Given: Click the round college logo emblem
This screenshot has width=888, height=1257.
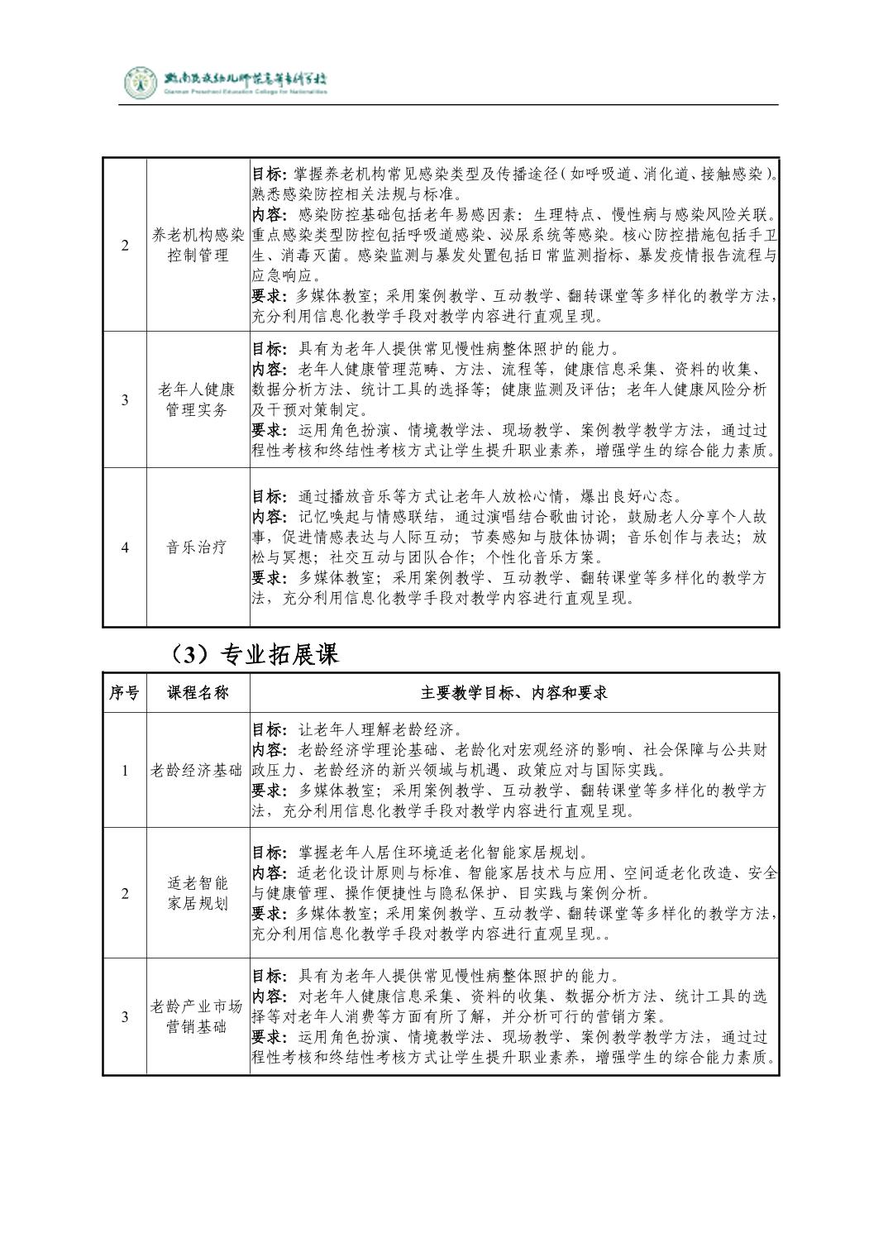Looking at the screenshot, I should [x=140, y=82].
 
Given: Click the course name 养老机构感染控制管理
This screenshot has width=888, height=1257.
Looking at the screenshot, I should [x=198, y=245].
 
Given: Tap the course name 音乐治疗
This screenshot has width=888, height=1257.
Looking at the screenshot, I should [x=198, y=547].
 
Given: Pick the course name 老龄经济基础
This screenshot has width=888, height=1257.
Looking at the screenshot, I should [x=198, y=770].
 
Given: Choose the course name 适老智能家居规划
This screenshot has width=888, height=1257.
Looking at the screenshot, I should [x=198, y=893].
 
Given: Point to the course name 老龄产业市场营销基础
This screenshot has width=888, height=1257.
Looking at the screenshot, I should [x=198, y=1016].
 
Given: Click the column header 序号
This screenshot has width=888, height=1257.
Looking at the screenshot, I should [x=125, y=693].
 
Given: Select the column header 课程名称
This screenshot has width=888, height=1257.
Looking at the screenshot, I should [x=198, y=693].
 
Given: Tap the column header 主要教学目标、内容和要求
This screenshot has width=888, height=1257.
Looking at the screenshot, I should [x=513, y=693].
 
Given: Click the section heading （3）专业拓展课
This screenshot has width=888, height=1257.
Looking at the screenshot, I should [x=251, y=655].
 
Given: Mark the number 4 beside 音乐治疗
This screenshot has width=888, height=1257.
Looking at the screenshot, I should [x=125, y=547].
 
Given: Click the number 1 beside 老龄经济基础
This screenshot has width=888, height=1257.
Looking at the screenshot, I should [x=125, y=770].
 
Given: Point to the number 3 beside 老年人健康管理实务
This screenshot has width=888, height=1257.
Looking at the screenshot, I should [x=125, y=399].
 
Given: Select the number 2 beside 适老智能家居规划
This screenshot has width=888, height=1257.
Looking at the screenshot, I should [x=125, y=893].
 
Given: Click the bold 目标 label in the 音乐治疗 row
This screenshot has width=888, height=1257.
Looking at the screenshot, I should [x=266, y=497].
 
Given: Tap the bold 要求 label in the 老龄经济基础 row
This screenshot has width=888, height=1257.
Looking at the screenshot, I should [x=266, y=791].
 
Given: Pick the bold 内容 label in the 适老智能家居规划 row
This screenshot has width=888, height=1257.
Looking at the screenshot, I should [x=266, y=873].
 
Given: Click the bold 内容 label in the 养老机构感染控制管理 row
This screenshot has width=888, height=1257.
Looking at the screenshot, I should [x=266, y=215].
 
